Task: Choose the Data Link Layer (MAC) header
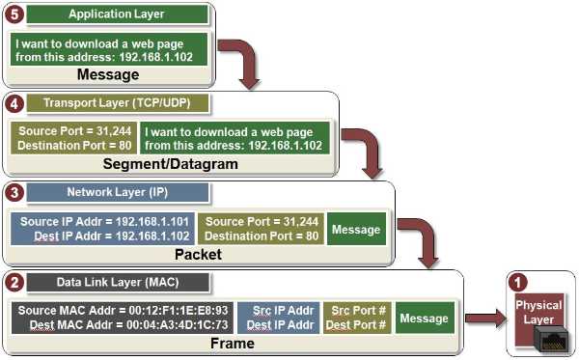coord(118,283)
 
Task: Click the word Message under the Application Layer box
coord(107,74)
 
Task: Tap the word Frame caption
coord(233,343)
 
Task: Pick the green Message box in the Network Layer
coord(356,229)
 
